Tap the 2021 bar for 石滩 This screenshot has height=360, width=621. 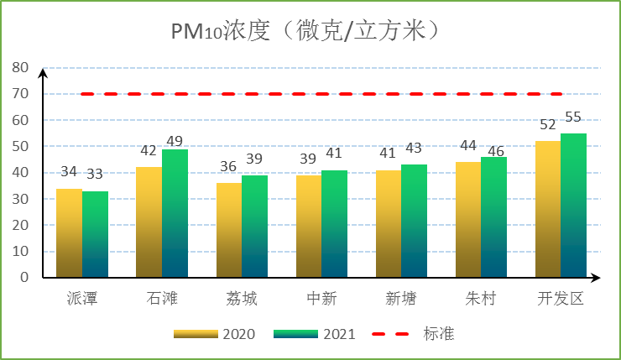pyautogui.click(x=175, y=213)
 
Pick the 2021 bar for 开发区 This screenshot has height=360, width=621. pyautogui.click(x=573, y=205)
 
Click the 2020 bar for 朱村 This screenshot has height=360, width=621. pyautogui.click(x=468, y=219)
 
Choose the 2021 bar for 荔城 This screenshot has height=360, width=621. pyautogui.click(x=254, y=226)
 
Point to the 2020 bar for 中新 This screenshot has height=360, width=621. pyautogui.click(x=309, y=226)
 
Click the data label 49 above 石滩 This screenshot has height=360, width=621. pyautogui.click(x=175, y=140)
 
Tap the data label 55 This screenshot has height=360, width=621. pyautogui.click(x=573, y=117)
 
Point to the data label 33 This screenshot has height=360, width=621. pyautogui.click(x=95, y=174)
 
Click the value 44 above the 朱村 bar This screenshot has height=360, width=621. pyautogui.click(x=468, y=145)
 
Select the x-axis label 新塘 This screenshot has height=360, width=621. pyautogui.click(x=400, y=299)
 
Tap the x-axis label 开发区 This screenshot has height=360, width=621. pyautogui.click(x=560, y=299)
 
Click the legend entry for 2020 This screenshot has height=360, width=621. pyautogui.click(x=214, y=334)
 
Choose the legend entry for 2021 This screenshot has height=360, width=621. pyautogui.click(x=315, y=334)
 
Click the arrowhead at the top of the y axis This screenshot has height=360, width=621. pyautogui.click(x=43, y=72)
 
